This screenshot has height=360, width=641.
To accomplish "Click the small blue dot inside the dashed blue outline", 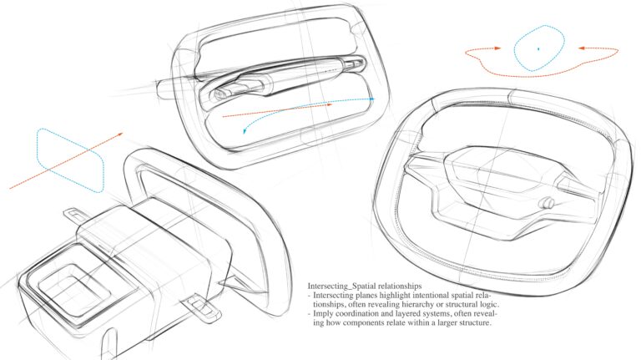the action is tap(538, 49).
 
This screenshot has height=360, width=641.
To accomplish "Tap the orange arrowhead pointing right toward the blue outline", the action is tap(497, 48).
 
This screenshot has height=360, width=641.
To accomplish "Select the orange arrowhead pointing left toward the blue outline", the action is tap(581, 48).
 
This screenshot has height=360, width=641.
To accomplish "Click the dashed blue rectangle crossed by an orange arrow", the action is tap(70, 160).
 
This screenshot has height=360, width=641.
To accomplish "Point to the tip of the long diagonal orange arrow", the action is tap(123, 133).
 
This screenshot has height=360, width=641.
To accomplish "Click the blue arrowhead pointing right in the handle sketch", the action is tap(371, 99).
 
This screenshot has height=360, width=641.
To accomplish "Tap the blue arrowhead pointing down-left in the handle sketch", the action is tap(245, 131).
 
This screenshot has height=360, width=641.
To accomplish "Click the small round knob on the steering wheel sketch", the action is tap(547, 203).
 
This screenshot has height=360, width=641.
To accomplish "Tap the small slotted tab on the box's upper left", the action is tap(73, 214).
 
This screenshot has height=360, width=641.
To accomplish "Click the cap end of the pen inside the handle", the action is tap(220, 94).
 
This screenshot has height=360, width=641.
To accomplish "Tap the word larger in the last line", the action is tap(447, 322).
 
